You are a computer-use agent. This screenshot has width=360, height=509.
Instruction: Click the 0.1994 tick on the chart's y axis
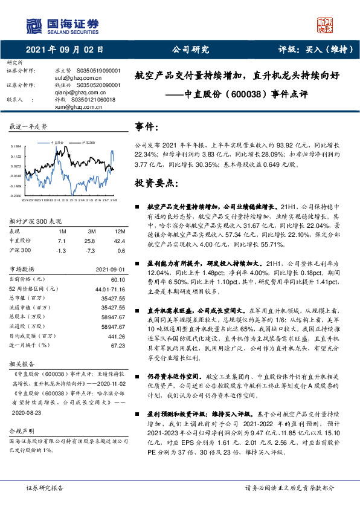16,146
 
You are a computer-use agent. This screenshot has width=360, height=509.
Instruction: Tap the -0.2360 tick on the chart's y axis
16,196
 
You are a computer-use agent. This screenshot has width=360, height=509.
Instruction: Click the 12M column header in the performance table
120,231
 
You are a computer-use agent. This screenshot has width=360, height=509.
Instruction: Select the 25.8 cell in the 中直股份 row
92,240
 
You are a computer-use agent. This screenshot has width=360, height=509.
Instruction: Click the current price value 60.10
117,279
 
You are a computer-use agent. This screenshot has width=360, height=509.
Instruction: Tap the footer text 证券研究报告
46,487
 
